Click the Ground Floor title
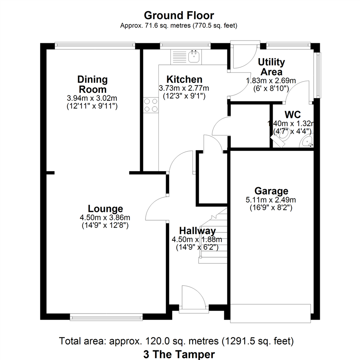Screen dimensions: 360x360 179,16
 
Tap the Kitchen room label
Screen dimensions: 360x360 184,79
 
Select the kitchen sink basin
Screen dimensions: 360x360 194,57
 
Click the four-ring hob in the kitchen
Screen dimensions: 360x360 151,105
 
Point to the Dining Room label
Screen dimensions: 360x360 92,84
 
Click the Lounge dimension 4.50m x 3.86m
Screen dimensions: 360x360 105,217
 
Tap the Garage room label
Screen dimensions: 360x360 271,191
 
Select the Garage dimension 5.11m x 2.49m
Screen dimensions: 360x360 271,200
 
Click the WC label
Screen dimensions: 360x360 293,114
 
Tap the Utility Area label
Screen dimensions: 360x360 271,67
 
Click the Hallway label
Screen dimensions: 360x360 197,231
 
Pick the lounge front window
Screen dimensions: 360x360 106,318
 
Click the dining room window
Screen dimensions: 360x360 95,45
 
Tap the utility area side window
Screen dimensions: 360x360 318,75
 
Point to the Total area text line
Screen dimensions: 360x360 176,341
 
